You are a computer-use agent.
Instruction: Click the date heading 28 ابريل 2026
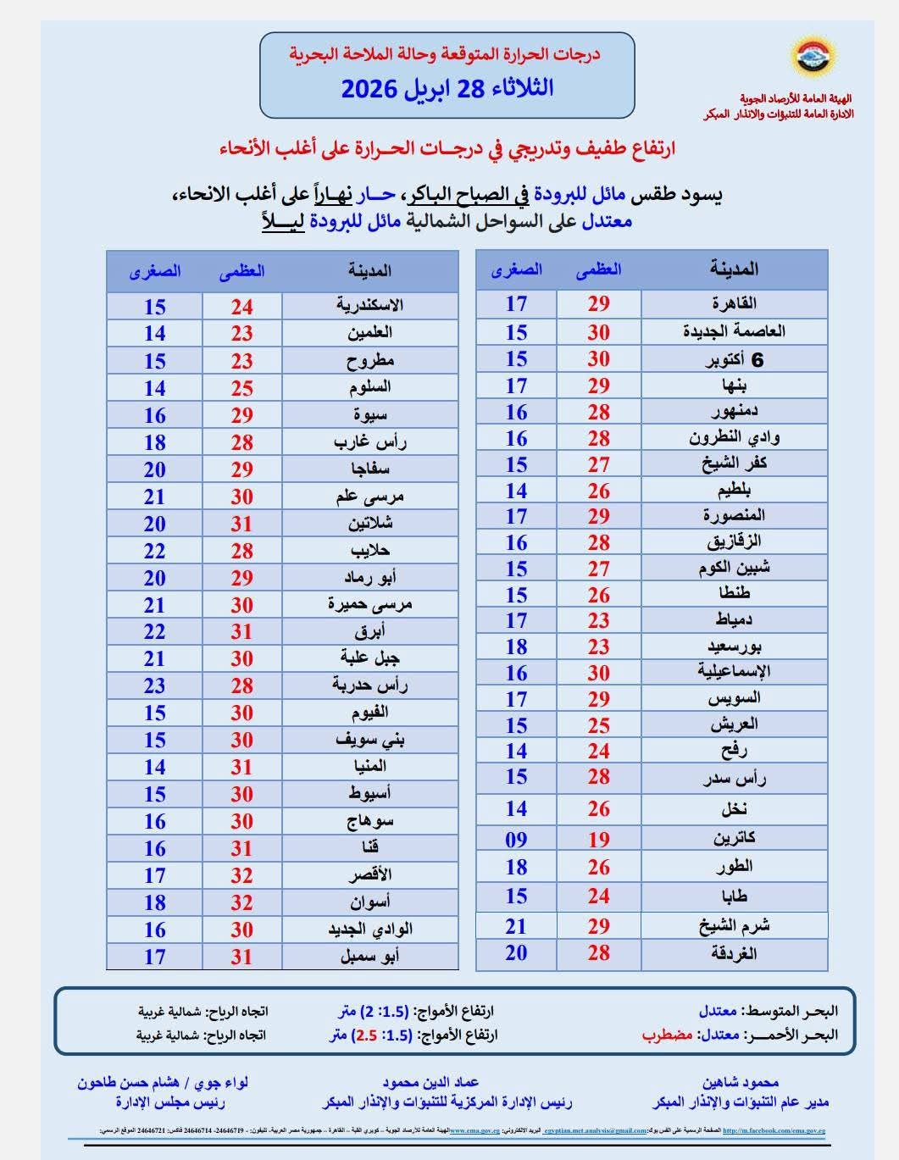click(447, 88)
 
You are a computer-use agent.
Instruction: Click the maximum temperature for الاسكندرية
click(242, 307)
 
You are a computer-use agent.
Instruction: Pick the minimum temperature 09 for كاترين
click(516, 840)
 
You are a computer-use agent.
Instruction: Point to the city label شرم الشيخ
click(734, 925)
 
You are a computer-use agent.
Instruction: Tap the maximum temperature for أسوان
click(242, 902)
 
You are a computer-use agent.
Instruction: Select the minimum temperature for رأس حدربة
click(154, 685)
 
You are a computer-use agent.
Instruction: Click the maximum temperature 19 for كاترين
click(599, 840)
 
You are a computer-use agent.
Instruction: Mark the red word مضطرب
click(668, 1035)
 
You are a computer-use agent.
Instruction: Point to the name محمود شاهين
click(740, 1082)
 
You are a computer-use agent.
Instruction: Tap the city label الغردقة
click(734, 953)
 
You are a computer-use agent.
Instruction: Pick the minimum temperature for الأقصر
click(154, 875)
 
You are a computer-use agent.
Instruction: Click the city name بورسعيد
click(734, 647)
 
